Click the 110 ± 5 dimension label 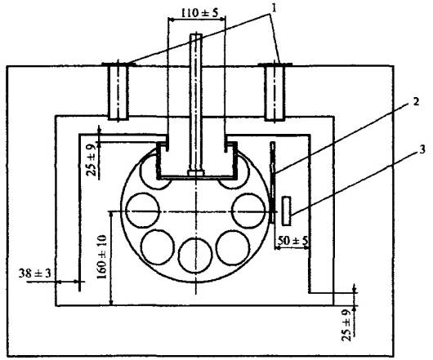tap(199, 12)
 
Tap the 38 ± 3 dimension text tap(35, 273)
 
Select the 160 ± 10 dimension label tap(102, 257)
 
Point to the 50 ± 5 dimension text tap(292, 241)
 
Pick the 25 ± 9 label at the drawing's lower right tap(347, 325)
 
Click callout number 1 tap(274, 8)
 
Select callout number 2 tap(416, 102)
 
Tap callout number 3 tap(422, 149)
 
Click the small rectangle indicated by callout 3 tap(287, 211)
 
